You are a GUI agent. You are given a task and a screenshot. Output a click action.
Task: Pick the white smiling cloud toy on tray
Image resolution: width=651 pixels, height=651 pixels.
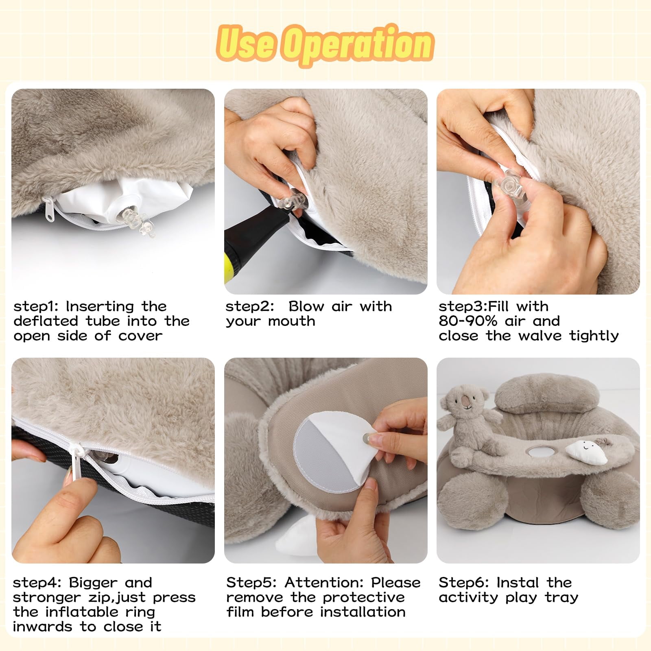[x=585, y=452]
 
